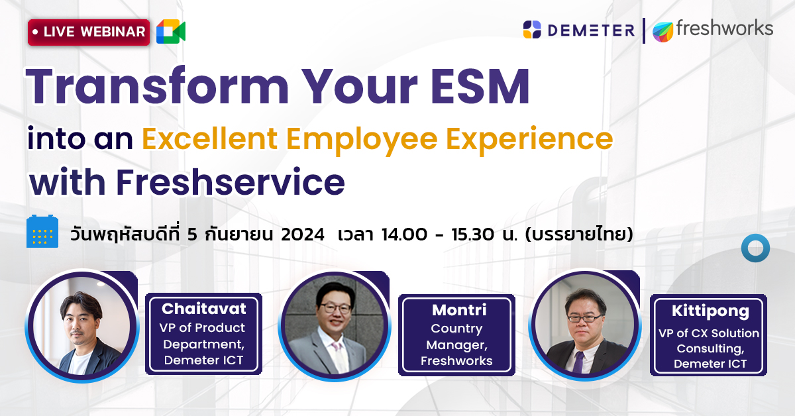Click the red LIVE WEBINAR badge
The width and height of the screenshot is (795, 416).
pos(88,32)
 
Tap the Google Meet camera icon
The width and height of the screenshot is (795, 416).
pos(170,32)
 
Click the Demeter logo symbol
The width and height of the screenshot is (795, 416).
pos(532,30)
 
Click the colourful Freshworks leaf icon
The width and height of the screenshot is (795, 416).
pos(663,31)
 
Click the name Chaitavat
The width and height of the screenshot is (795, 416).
pos(203,309)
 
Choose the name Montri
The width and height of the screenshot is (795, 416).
pos(458,310)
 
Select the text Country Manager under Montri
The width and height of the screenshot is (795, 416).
pos(456,336)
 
